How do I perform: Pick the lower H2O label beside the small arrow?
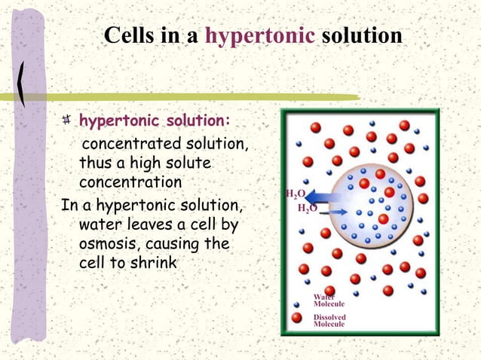pyautogui.click(x=307, y=208)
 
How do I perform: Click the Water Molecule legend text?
pyautogui.click(x=329, y=300)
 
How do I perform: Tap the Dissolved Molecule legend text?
pyautogui.click(x=329, y=320)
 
